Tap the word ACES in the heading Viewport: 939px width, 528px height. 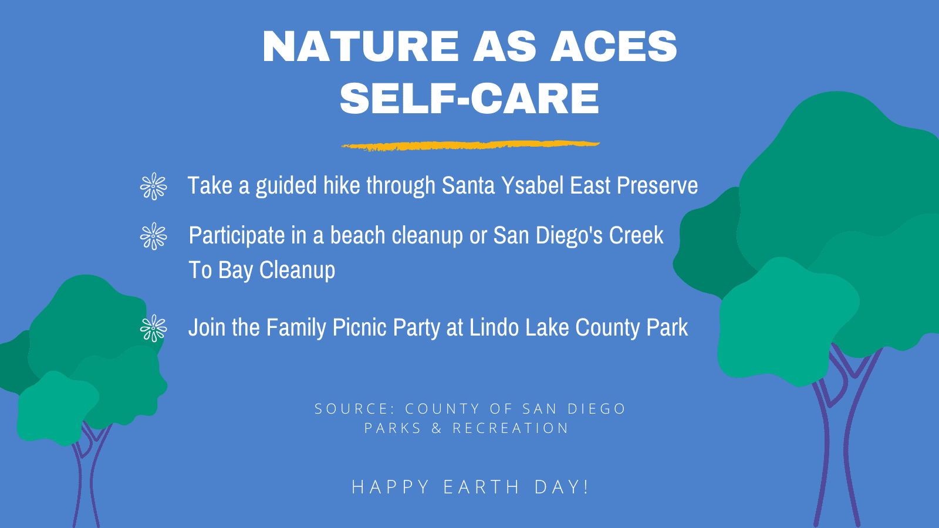tap(613, 46)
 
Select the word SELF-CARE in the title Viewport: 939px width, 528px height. tap(469, 98)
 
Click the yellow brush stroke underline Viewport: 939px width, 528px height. tap(471, 145)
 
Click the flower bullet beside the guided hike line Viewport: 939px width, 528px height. tap(153, 186)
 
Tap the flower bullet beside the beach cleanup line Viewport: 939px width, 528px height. tap(153, 236)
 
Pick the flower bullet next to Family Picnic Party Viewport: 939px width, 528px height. tap(153, 328)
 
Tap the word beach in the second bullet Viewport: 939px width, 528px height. tap(357, 235)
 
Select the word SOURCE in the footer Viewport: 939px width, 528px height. tap(354, 408)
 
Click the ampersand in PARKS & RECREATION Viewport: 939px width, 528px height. tap(437, 428)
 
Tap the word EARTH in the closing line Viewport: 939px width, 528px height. tap(482, 487)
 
